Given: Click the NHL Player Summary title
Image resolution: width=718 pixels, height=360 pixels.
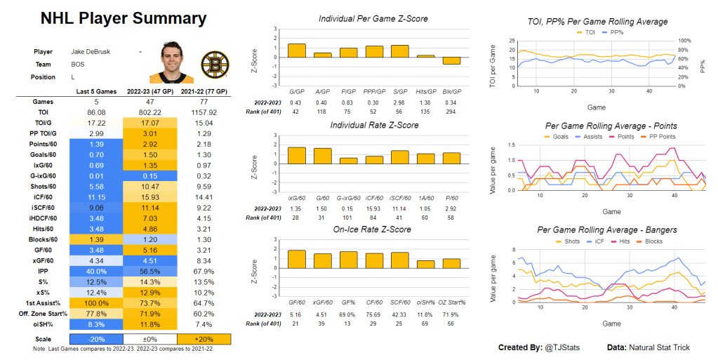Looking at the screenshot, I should (123, 18).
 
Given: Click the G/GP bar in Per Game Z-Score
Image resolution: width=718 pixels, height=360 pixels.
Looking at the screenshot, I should (297, 51).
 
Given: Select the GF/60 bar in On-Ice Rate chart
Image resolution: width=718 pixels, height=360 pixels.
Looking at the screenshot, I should (297, 259).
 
